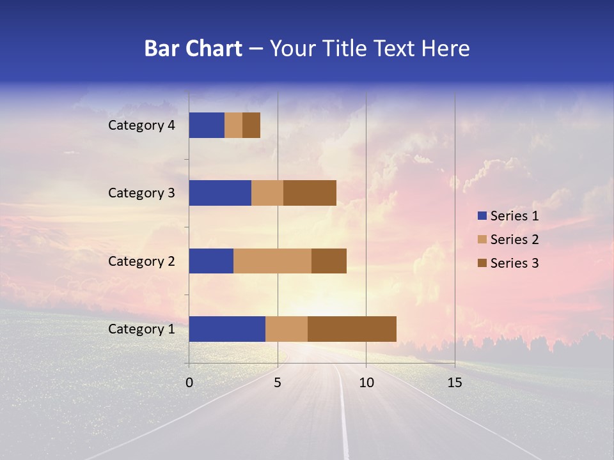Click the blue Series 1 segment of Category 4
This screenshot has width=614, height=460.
(207, 125)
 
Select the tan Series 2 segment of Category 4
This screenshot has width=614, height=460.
(233, 125)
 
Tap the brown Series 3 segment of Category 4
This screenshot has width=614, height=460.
(251, 125)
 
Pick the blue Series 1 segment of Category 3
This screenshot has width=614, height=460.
(220, 193)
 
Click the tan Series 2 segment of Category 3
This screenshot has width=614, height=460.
(267, 193)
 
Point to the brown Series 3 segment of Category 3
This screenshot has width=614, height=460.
(310, 193)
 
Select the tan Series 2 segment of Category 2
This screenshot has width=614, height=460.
(272, 261)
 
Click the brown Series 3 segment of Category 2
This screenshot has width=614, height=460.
(329, 261)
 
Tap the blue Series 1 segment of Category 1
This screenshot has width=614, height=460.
(227, 329)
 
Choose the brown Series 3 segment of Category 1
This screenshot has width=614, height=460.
(352, 329)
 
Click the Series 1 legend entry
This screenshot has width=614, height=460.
(508, 216)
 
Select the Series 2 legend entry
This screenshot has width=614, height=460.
(508, 240)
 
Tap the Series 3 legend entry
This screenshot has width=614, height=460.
(508, 263)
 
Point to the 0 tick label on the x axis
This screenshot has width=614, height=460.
(189, 383)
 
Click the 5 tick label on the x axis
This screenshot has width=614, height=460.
(278, 383)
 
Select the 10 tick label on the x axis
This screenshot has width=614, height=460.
(366, 383)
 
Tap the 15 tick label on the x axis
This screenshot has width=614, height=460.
(455, 383)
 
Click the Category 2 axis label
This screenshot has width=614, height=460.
(141, 261)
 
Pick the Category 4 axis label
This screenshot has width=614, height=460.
(141, 125)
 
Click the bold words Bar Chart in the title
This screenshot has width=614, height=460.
(193, 49)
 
